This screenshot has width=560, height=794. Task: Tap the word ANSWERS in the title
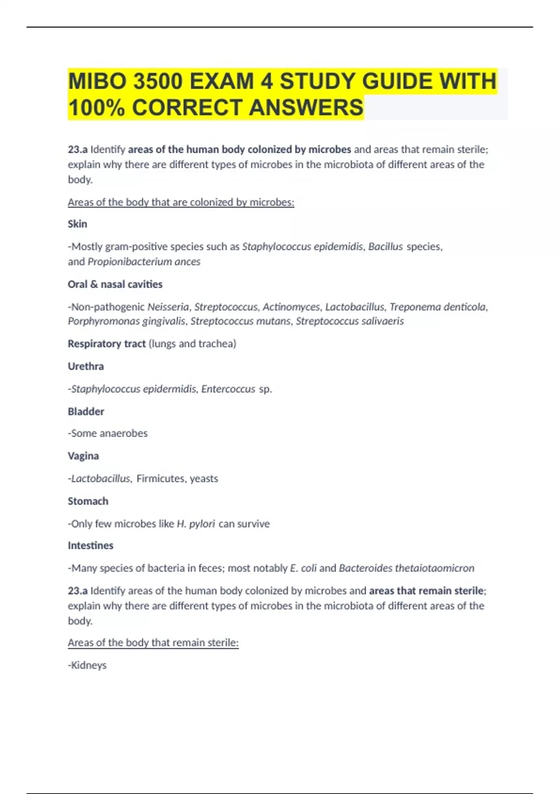click(306, 108)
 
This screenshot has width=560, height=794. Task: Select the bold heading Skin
click(77, 224)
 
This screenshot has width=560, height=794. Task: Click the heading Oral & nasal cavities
click(115, 284)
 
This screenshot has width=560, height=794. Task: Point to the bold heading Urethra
click(86, 367)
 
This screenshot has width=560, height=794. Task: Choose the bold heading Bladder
click(86, 412)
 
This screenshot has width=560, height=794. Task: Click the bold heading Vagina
click(83, 456)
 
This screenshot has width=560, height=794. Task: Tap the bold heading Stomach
click(88, 502)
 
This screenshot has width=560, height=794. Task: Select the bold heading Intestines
click(91, 546)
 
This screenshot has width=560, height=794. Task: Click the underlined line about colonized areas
click(181, 203)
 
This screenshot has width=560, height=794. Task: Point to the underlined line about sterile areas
click(153, 643)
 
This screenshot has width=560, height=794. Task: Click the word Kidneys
click(89, 666)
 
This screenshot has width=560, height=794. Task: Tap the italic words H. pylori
click(196, 524)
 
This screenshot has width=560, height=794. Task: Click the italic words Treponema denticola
click(438, 307)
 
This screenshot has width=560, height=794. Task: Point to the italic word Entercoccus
click(228, 389)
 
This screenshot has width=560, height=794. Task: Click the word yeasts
click(204, 479)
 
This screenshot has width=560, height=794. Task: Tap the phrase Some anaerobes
click(109, 434)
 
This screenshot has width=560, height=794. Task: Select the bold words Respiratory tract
click(107, 344)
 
